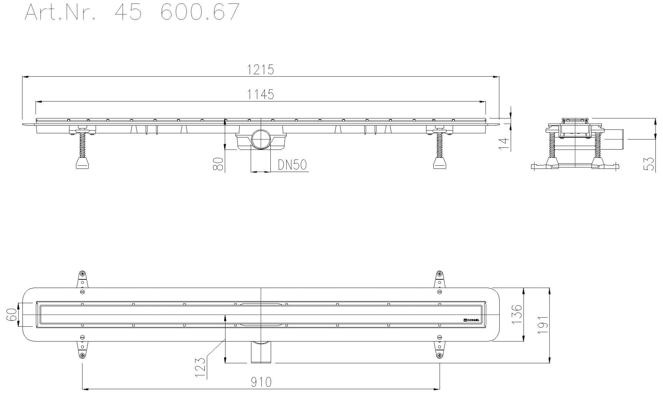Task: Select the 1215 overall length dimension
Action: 261,70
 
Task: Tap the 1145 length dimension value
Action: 261,94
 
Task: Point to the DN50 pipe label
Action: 292,165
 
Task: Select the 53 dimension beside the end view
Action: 650,164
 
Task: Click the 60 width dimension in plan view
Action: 12,315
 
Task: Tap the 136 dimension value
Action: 516,314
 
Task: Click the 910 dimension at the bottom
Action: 261,382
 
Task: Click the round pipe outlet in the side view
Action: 261,139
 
